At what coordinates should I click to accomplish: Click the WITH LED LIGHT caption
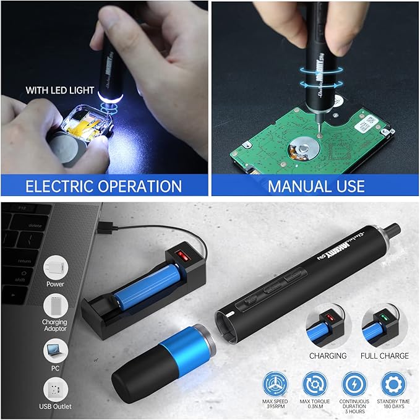coord(59,90)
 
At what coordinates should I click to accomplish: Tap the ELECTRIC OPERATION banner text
coord(103,186)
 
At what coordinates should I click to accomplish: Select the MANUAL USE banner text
coord(315,186)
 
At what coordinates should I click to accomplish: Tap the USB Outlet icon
coord(55,390)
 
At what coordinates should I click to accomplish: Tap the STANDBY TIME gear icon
coord(393,384)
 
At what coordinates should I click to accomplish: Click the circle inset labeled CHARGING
coord(328,325)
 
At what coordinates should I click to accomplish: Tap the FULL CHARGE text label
coord(385,356)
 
